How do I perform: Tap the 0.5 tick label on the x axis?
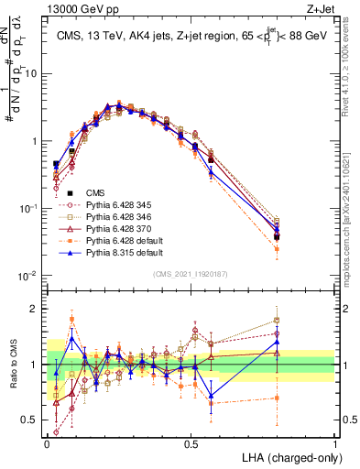[x=191, y=442]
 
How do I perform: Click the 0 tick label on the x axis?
[x=47, y=442]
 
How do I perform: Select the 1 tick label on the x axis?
[x=334, y=442]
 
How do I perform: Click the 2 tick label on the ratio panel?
[x=36, y=308]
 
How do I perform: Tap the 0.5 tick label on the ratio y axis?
[x=32, y=420]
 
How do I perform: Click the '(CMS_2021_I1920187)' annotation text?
[x=191, y=275]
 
